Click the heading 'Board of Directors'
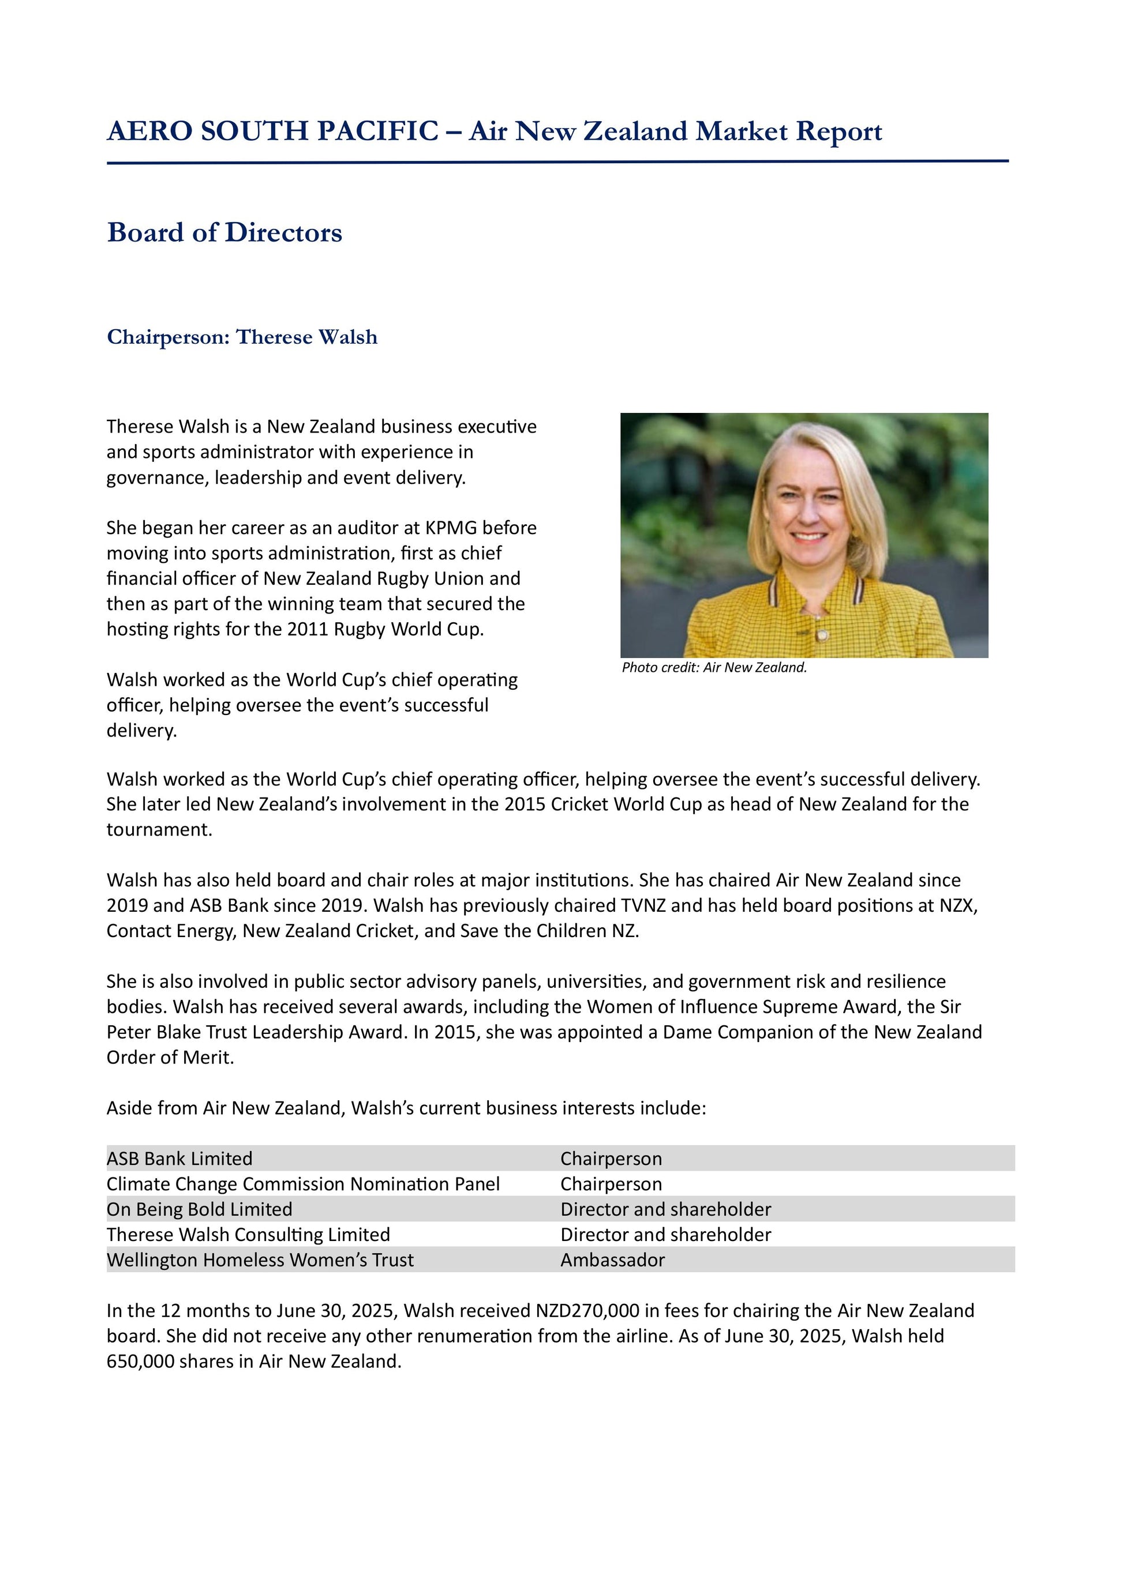[x=224, y=233]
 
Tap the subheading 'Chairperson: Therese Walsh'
[x=242, y=337]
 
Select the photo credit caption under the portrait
[x=714, y=668]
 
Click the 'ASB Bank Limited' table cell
[x=180, y=1159]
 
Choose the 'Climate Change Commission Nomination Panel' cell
[x=303, y=1184]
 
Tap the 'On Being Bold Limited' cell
[x=199, y=1210]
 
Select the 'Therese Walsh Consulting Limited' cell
[x=248, y=1235]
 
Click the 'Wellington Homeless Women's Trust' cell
[x=260, y=1260]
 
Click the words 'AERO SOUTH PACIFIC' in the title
[x=272, y=131]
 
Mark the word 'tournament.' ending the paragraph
[x=159, y=829]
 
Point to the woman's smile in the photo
[x=807, y=536]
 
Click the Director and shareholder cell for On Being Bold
[x=665, y=1210]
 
